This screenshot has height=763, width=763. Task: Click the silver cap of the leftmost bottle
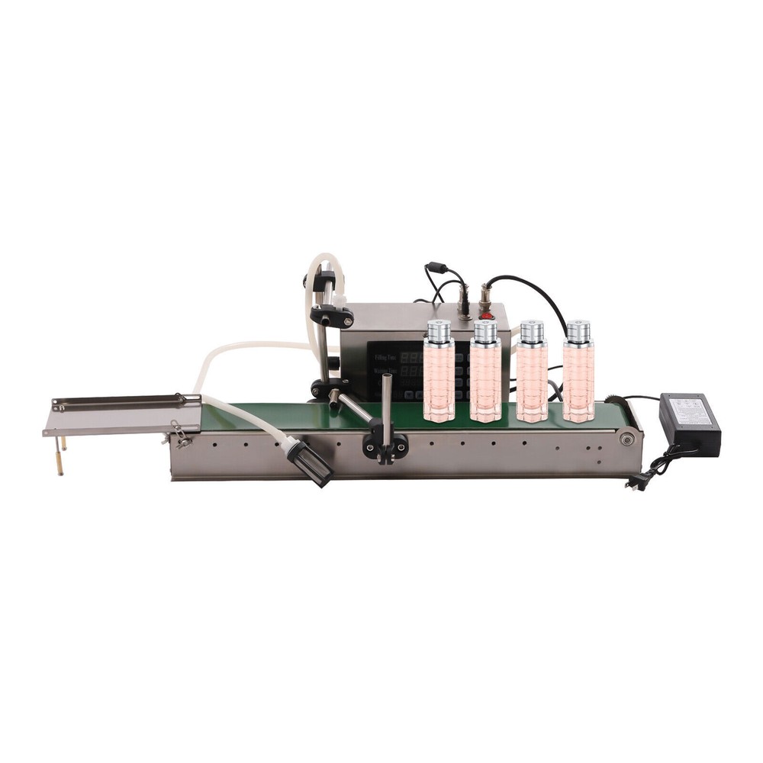click(439, 331)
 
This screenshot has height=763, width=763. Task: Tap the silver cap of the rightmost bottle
click(578, 330)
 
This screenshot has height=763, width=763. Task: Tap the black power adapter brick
click(690, 424)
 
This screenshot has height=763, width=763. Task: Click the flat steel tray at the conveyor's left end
click(122, 415)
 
